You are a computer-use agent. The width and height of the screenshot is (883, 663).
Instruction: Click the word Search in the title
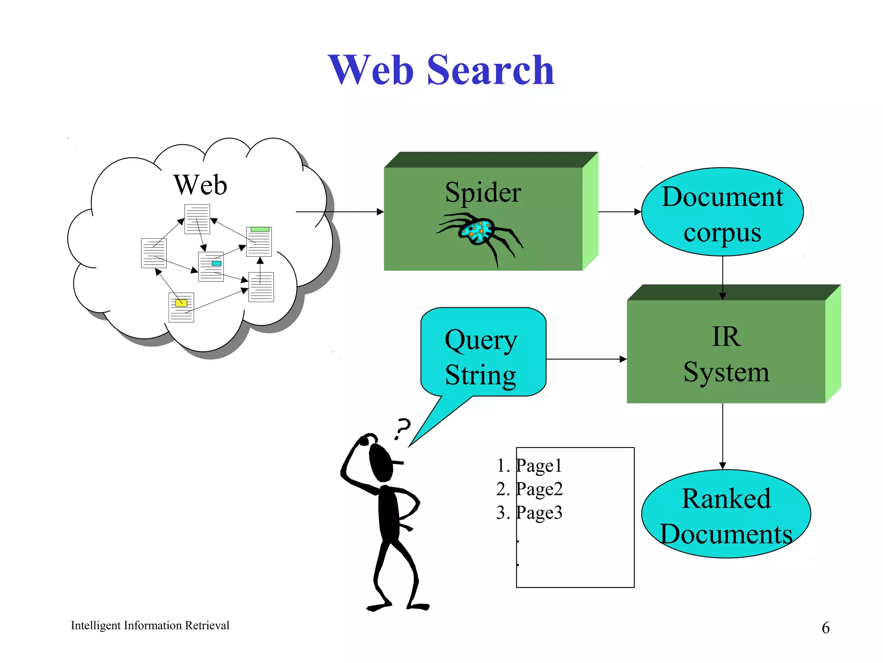[490, 70]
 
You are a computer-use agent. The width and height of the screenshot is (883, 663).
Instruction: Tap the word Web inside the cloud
[200, 185]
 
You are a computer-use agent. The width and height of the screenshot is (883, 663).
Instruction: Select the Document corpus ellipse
[722, 212]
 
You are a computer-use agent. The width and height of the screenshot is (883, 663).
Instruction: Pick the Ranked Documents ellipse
[726, 514]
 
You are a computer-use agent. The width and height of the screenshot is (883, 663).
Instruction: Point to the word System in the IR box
[726, 372]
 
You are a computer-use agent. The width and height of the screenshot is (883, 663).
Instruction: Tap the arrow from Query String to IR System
[586, 359]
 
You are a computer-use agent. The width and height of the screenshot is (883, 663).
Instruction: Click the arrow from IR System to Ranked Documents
[723, 436]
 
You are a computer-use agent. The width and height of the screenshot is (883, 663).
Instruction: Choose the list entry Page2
[539, 489]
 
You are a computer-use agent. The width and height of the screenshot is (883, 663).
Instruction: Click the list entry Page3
[539, 513]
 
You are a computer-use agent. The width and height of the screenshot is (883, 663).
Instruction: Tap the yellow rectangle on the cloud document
[181, 303]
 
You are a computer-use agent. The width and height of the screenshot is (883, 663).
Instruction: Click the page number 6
[825, 628]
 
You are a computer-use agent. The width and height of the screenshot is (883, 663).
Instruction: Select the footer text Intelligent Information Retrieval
[150, 625]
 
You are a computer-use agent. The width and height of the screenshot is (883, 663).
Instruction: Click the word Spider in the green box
[483, 193]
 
